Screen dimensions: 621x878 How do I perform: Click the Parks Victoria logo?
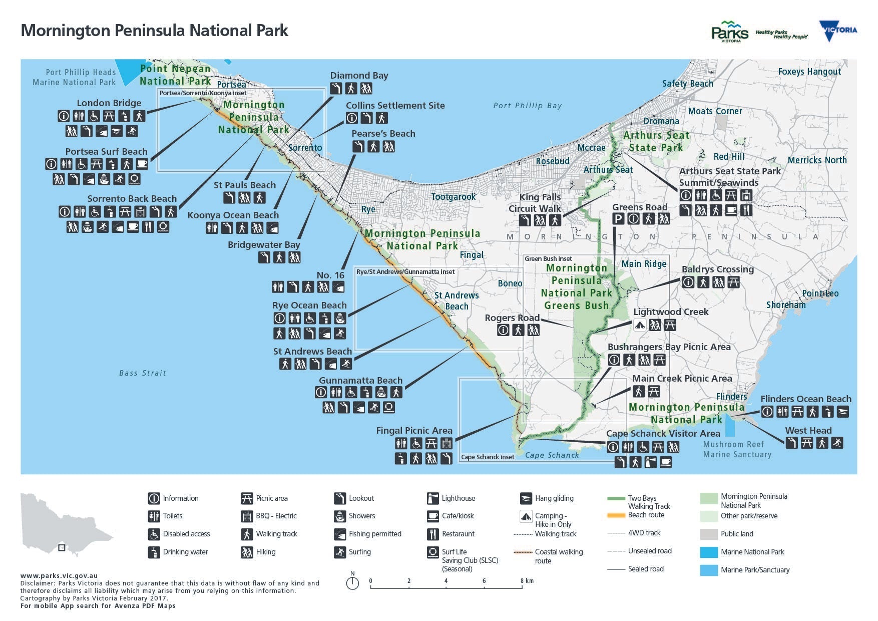pos(729,32)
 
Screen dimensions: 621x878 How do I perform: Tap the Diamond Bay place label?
pos(359,76)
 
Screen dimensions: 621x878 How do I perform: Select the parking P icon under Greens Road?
pos(618,218)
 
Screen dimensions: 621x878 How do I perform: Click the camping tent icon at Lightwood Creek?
pos(639,325)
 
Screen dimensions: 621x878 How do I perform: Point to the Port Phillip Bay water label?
pos(527,106)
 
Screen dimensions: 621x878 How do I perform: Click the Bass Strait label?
pos(142,373)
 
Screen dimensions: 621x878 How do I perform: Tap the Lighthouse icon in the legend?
pos(432,498)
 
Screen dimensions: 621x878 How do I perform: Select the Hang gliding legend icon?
pos(526,498)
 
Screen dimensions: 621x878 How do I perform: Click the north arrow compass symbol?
pos(352,583)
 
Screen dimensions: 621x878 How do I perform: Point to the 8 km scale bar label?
pos(527,581)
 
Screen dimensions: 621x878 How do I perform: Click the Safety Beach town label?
pos(687,84)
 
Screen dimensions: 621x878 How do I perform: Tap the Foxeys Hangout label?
pos(809,72)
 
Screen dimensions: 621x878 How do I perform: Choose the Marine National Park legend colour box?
pos(709,552)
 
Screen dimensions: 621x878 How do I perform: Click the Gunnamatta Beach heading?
pos(360,381)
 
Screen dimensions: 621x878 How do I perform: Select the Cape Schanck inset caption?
pos(487,457)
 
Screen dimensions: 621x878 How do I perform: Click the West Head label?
pos(808,431)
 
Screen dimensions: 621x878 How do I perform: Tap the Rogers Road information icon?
pos(503,330)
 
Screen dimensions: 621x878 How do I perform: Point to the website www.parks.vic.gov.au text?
pos(59,576)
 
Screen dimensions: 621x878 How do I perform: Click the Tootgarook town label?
pos(454,197)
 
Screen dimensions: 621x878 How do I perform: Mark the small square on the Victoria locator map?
pos(62,548)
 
